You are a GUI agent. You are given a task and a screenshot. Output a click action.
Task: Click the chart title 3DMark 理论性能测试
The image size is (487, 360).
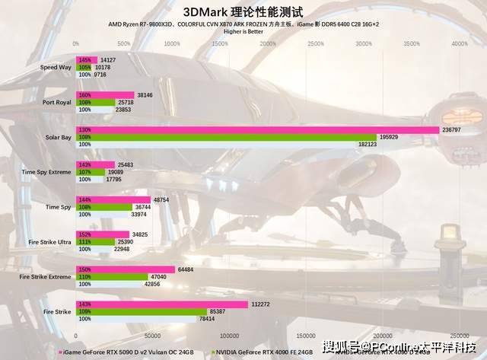(x=243, y=12)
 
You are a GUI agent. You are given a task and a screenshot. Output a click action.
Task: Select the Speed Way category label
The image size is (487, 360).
(x=56, y=68)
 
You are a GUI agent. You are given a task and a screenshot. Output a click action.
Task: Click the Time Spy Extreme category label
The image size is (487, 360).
(x=46, y=172)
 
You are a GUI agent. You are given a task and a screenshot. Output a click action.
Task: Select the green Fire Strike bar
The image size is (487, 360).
(x=142, y=311)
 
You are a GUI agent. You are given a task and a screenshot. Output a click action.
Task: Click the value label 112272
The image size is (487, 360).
(x=261, y=304)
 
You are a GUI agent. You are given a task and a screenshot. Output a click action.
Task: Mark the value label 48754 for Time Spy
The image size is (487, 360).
(x=161, y=199)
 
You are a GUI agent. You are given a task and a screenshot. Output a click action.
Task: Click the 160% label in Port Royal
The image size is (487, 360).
(x=84, y=95)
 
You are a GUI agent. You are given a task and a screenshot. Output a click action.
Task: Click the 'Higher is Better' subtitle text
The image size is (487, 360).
(x=243, y=32)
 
